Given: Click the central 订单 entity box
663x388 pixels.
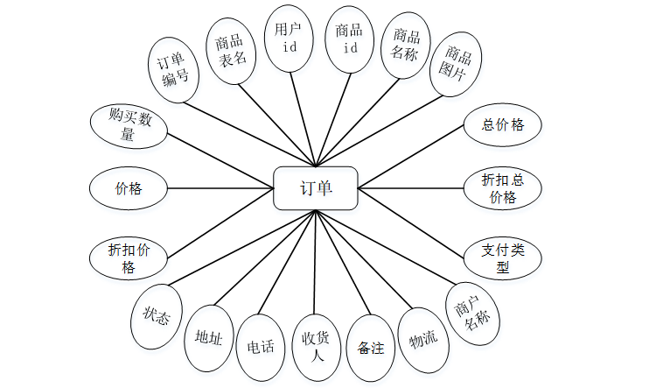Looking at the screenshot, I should tap(316, 188).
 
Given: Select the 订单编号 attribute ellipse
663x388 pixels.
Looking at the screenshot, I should tap(173, 69).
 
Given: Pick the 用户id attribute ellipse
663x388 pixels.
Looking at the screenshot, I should tap(289, 38).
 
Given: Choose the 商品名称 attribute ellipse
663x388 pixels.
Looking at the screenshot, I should tap(406, 46).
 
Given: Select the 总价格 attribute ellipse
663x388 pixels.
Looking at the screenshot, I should tap(502, 124).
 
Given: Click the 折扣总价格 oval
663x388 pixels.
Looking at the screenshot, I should tap(502, 188).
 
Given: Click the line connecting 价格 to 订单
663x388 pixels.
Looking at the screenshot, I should tap(219, 187).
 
